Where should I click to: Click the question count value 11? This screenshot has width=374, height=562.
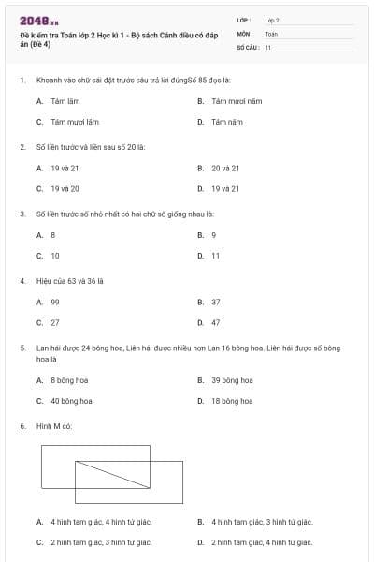(268, 46)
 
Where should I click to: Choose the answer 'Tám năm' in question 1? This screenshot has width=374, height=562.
(221, 122)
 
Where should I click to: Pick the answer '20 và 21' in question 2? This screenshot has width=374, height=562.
(225, 168)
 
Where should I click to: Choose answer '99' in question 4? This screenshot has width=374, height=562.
(55, 302)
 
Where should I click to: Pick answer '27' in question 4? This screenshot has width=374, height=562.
(55, 322)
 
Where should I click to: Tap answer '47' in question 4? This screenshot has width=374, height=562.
(216, 322)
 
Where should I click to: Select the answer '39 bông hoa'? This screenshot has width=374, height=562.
(232, 380)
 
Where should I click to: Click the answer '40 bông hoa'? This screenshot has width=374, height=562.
(71, 401)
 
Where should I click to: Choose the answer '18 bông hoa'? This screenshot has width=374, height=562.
(232, 401)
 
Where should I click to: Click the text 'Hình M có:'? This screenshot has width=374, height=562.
(54, 426)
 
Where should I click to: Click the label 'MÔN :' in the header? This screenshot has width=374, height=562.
(245, 33)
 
